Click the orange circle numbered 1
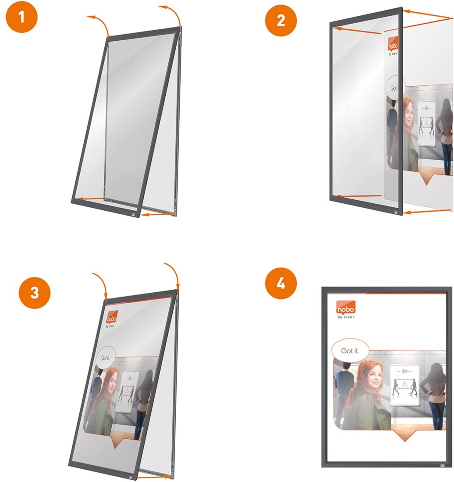pos(21,17)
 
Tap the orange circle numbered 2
pos(281,20)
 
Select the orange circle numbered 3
pos(35,293)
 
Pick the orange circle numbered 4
pos(281,284)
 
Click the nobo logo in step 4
pos(346,307)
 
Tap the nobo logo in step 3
pos(111,317)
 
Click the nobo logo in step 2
pos(393,44)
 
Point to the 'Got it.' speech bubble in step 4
pos(350,351)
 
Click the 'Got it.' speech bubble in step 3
pos(105,358)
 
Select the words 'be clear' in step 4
pos(346,317)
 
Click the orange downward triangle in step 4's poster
pos(404,435)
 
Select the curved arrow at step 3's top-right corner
pos(174,275)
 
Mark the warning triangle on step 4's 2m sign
pos(405,384)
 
